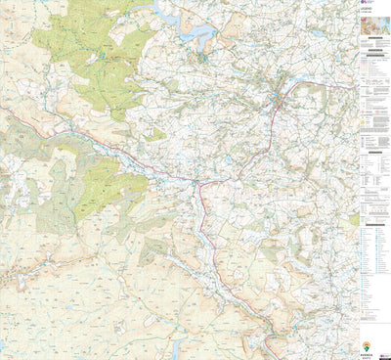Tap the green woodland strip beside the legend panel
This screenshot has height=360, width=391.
click(353, 220)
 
